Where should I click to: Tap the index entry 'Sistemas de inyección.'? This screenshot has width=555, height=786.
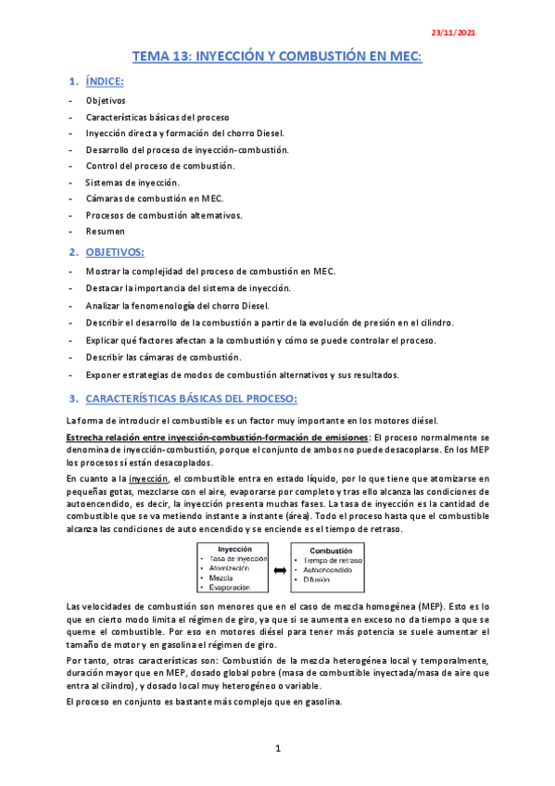pos(132,183)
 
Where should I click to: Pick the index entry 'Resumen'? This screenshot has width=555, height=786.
pos(105,231)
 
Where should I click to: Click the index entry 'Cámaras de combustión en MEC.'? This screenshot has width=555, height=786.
pos(155,198)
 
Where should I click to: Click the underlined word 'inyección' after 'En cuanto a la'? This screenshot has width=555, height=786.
pos(150,478)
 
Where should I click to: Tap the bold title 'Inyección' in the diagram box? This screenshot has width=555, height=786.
pos(234,550)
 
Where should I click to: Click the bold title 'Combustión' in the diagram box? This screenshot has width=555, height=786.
pos(331,551)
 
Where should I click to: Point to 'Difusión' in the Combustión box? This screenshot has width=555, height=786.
pos(317,579)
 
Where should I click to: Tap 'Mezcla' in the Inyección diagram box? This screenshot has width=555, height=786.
pos(224,578)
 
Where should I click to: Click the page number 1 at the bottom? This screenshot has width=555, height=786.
pos(277,747)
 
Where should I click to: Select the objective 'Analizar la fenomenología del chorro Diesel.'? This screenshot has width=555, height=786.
pos(178,305)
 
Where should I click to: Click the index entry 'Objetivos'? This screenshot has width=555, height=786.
pos(107,100)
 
